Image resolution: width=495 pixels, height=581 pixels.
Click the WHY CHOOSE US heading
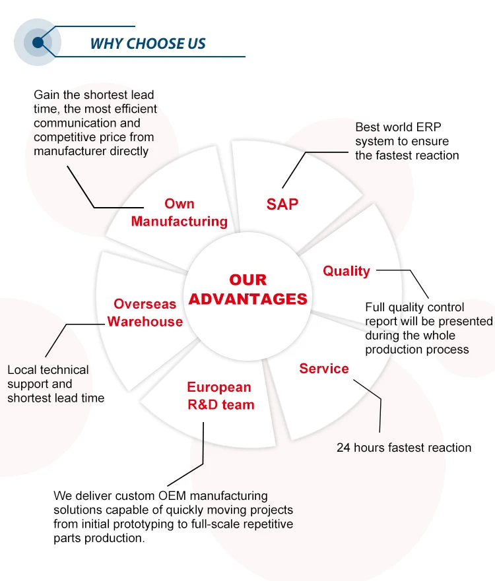(148, 44)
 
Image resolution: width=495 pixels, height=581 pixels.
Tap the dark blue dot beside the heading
(38, 43)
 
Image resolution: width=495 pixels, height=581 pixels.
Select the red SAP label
(282, 204)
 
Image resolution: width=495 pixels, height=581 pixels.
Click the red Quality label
(346, 271)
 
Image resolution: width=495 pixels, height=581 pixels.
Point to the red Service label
(324, 369)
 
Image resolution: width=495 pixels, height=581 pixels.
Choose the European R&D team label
(220, 396)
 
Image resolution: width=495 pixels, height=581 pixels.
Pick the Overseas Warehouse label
(145, 313)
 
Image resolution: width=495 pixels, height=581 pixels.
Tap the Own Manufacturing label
(179, 212)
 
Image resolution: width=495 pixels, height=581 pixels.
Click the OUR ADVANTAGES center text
(248, 290)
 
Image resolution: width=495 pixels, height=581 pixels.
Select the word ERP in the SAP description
(428, 127)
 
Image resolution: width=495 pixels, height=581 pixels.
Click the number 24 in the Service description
(343, 448)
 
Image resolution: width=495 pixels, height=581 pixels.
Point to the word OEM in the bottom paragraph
(172, 496)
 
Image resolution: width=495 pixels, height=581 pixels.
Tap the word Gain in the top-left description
(47, 95)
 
